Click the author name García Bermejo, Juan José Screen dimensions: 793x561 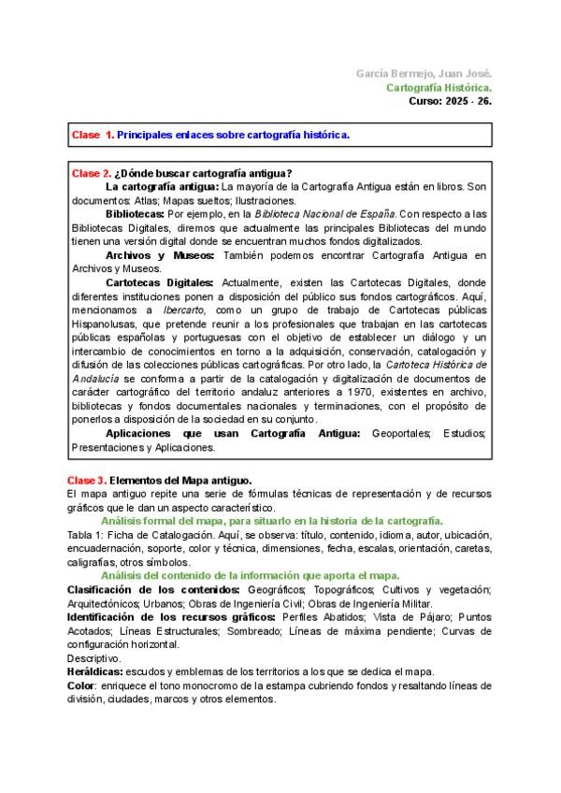(x=424, y=73)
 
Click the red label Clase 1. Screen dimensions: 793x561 (x=92, y=136)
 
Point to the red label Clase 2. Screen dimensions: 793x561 (x=92, y=173)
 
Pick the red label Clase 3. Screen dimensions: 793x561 (x=87, y=480)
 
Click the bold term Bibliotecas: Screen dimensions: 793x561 (x=136, y=214)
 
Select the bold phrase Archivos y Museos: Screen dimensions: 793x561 (x=160, y=255)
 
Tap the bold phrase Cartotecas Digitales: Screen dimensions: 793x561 (x=160, y=282)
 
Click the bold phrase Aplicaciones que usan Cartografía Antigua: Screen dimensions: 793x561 (x=233, y=433)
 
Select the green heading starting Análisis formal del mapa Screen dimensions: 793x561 (x=271, y=521)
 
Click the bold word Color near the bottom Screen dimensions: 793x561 (x=82, y=685)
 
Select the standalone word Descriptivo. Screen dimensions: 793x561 (x=94, y=657)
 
